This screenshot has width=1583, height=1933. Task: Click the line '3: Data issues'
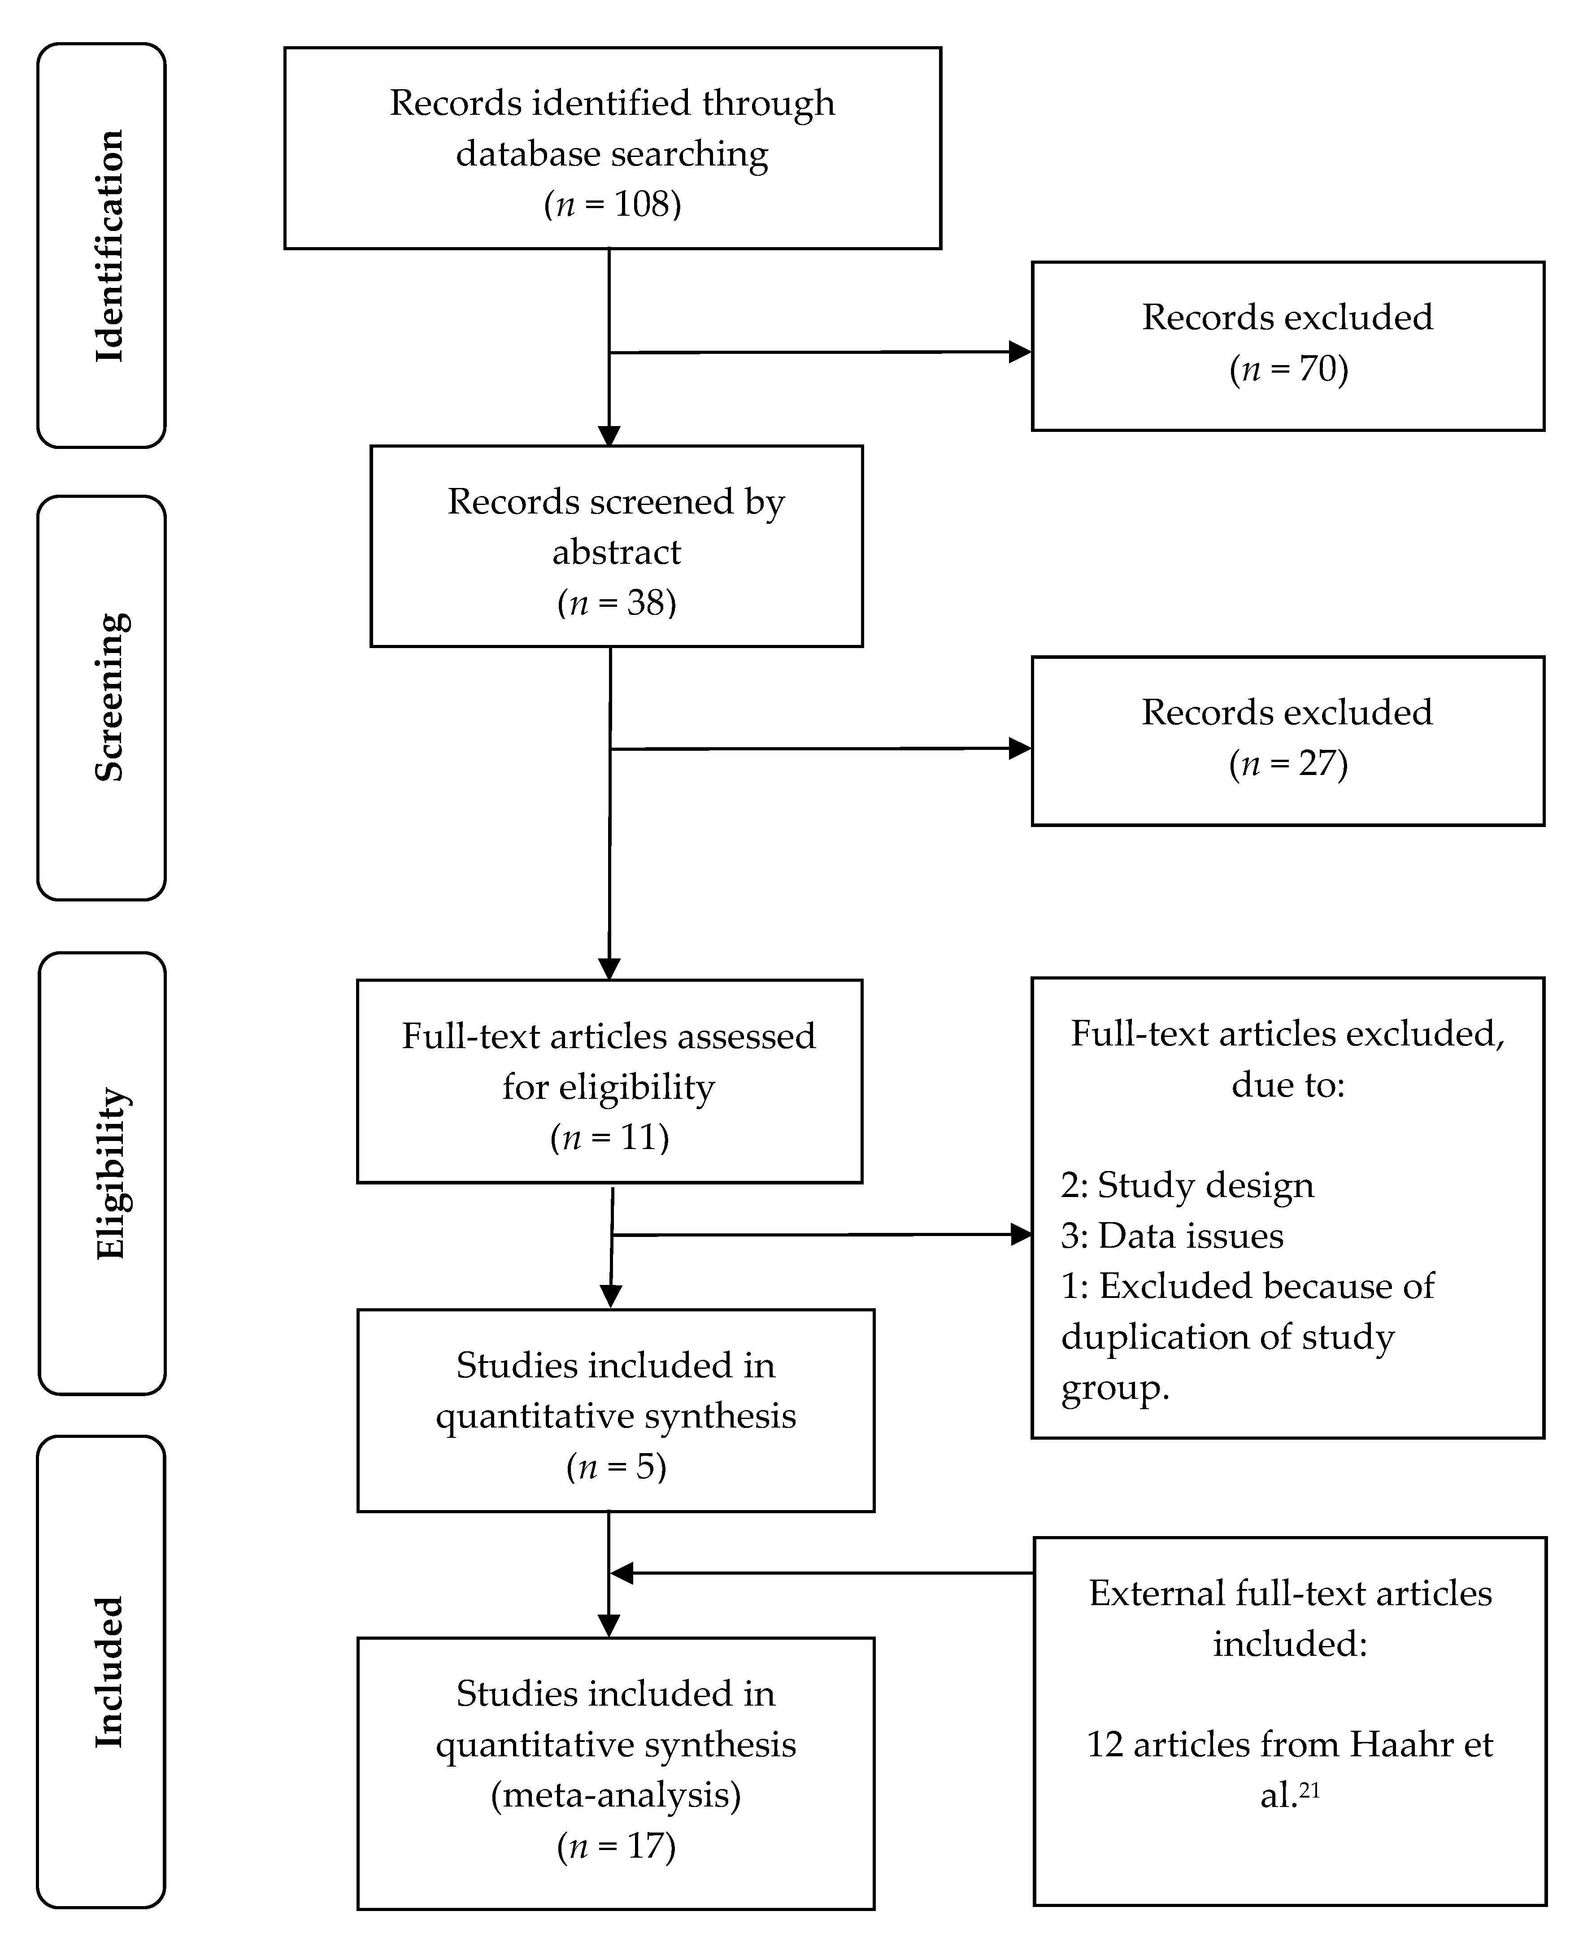coord(1172,1236)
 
